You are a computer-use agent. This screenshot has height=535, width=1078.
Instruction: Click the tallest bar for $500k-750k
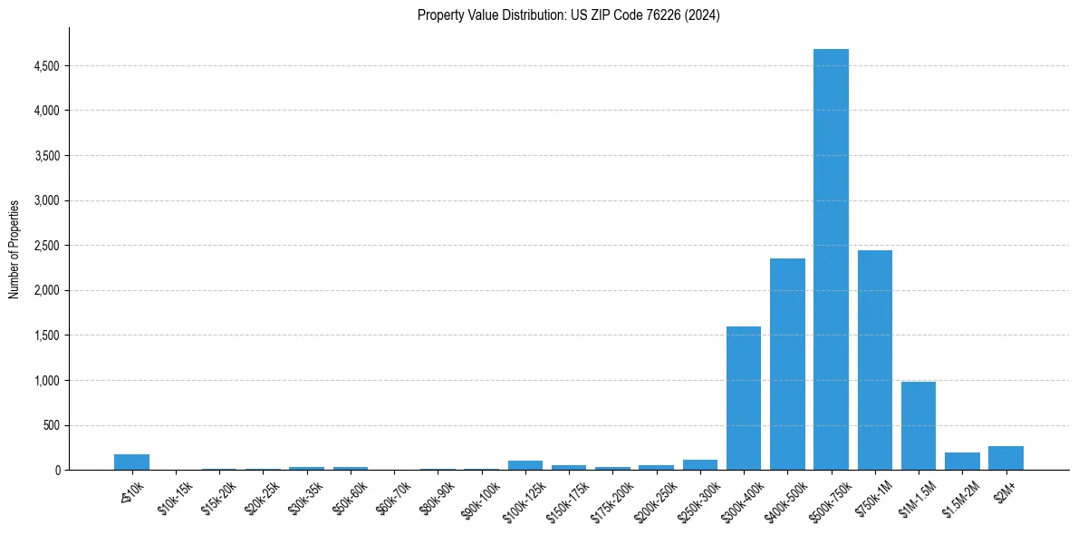point(831,259)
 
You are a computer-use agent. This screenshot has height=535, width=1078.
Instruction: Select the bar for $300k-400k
point(744,398)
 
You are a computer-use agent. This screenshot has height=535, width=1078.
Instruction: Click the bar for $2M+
point(1006,458)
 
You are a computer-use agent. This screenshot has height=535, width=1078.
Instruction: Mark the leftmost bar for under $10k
point(131,462)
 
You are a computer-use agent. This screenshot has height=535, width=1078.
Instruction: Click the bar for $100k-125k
point(525,465)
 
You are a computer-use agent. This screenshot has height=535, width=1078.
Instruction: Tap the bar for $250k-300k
point(700,465)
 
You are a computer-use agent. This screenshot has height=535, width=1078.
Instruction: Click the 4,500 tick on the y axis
point(46,66)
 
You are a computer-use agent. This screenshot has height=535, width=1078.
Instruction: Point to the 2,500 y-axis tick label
point(46,246)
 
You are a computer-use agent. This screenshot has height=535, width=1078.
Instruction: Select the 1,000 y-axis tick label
point(46,381)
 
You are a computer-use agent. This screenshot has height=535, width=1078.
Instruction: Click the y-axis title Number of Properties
point(14,249)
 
